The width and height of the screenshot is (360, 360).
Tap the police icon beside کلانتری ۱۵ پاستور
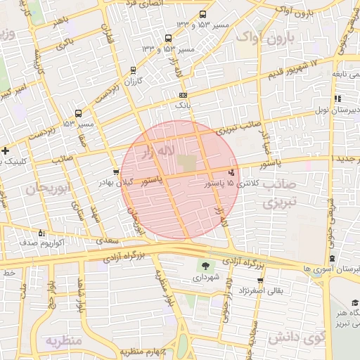coord(232,172)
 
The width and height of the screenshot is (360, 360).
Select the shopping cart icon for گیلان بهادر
coord(116,172)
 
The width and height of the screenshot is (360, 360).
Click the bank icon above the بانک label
coord(183,95)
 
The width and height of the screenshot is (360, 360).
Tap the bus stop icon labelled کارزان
coord(134,70)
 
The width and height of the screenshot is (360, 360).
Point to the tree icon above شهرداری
coord(205,266)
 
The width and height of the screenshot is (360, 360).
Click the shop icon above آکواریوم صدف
coord(41,232)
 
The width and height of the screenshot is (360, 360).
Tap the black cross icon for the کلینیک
coord(6,150)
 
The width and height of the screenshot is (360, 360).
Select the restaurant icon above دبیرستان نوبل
coord(337,99)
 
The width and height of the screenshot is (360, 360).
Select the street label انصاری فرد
coord(144,4)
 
